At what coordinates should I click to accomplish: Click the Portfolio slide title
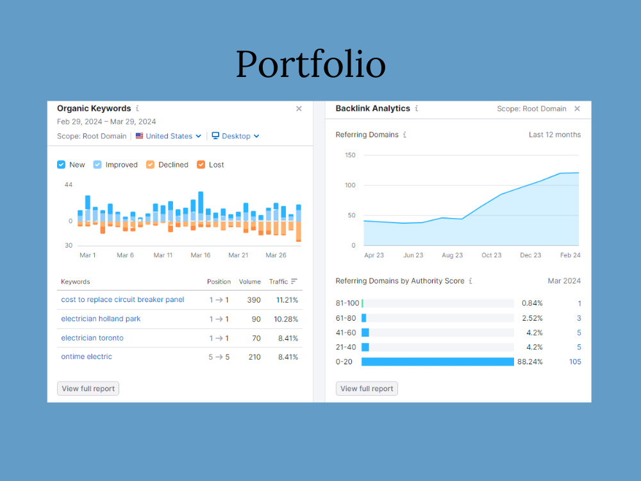[311, 63]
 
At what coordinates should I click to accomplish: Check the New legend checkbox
[62, 164]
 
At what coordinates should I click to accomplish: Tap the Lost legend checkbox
[201, 164]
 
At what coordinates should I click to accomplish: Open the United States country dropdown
[169, 136]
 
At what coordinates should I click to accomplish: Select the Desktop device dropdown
[235, 136]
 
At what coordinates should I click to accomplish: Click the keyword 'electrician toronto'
[92, 338]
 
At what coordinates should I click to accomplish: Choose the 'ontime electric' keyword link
[87, 357]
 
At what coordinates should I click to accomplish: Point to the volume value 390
[254, 300]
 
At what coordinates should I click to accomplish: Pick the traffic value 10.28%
[286, 319]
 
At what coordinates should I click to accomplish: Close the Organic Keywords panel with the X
[299, 108]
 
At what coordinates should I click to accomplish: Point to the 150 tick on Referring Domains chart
[351, 155]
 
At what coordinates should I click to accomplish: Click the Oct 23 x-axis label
[492, 255]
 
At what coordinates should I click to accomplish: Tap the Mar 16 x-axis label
[201, 255]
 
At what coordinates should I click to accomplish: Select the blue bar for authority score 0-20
[438, 362]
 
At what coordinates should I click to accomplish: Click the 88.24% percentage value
[530, 362]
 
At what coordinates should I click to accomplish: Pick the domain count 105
[575, 362]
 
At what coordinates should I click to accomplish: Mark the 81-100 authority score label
[347, 303]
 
